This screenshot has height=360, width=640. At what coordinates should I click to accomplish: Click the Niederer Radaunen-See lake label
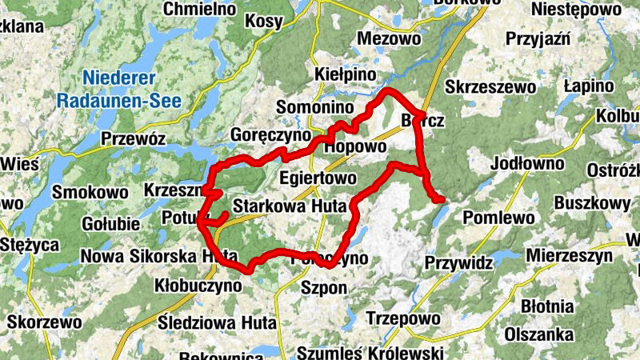[119, 90]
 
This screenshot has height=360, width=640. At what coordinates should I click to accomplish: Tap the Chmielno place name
[200, 9]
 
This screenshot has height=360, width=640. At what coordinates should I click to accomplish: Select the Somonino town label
[314, 107]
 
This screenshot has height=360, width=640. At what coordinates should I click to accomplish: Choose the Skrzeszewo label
[490, 86]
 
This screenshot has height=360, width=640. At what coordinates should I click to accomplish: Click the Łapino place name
[588, 86]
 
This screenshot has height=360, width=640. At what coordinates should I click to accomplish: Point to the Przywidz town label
[458, 262]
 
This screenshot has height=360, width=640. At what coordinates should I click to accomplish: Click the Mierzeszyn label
[570, 257]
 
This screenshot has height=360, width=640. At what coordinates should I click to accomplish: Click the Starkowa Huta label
[289, 206]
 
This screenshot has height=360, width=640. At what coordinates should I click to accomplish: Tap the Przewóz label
[133, 139]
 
